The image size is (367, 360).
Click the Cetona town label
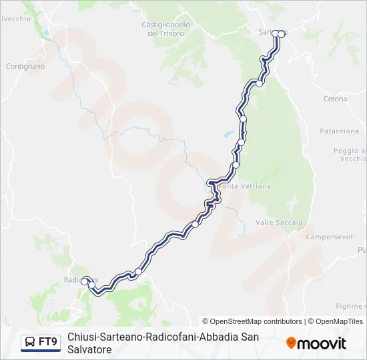[x=335, y=99]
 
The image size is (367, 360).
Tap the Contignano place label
[x=25, y=67]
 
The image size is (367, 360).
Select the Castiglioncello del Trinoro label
[x=166, y=29]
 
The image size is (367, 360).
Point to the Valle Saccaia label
[x=279, y=223]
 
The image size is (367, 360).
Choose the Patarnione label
[x=339, y=131]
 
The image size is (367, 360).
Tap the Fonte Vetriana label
[x=246, y=187]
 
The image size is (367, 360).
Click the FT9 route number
[x=48, y=342]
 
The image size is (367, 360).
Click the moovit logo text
[x=322, y=343]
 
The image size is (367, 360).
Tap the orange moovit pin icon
[x=291, y=343]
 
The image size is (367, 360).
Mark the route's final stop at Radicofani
[x=85, y=281]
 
